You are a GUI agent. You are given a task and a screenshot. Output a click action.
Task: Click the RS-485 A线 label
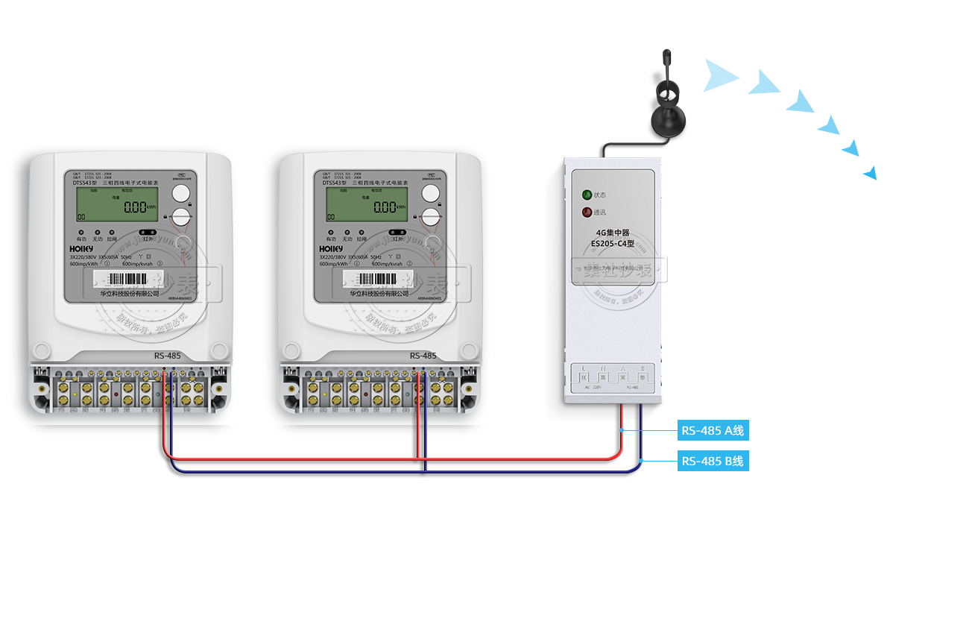point(713,430)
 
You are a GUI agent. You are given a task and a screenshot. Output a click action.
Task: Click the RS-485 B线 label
point(713,462)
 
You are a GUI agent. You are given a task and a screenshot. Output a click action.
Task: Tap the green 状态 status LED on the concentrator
point(587,195)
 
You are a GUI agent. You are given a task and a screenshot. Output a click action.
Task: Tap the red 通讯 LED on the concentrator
point(587,212)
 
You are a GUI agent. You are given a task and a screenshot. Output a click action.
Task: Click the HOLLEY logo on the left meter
point(81,248)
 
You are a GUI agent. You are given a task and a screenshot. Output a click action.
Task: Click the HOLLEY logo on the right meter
point(332,248)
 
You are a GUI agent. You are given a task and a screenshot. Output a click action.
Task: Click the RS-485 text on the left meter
point(168,356)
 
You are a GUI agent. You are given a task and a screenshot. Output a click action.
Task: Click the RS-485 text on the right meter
point(423,356)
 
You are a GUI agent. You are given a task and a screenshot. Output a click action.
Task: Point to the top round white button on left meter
point(181,194)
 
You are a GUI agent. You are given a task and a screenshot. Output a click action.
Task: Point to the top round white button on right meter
point(431,194)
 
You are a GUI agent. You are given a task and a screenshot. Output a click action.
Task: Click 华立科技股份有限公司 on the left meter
point(130,294)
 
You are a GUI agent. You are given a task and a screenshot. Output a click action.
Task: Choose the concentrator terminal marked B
point(642,377)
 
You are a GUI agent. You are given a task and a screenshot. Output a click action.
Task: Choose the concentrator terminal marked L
point(584,377)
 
